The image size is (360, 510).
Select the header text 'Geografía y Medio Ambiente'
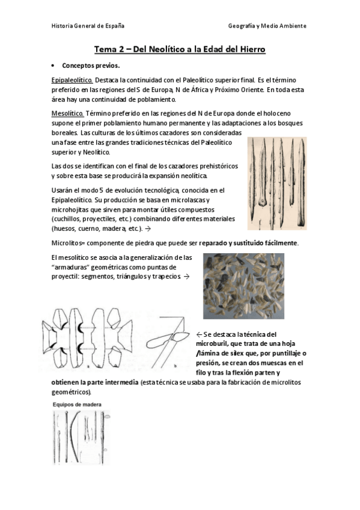(267, 26)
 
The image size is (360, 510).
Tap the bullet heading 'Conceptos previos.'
(91, 66)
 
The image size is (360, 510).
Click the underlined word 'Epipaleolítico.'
(72, 80)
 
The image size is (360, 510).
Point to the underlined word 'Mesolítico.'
(68, 113)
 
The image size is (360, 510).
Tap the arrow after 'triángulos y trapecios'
(186, 277)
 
